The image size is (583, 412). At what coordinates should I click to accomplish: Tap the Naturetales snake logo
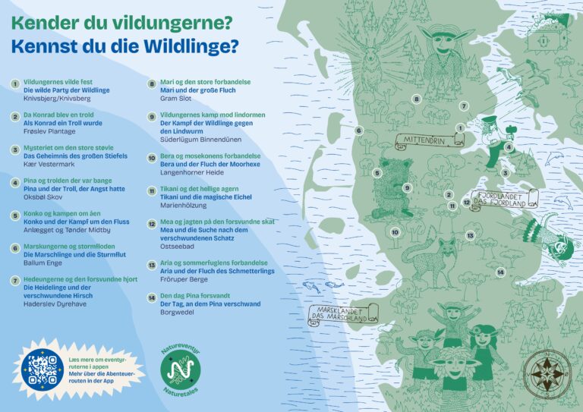pyautogui.click(x=181, y=370)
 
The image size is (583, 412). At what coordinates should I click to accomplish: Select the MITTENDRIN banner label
pyautogui.click(x=423, y=140)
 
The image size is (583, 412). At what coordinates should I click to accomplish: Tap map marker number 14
pyautogui.click(x=501, y=272)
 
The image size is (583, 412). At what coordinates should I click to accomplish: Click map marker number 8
pyautogui.click(x=416, y=99)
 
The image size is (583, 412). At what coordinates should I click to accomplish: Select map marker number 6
pyautogui.click(x=358, y=131)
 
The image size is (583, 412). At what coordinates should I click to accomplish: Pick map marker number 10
pyautogui.click(x=395, y=232)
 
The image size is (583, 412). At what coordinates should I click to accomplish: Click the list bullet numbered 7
pyautogui.click(x=14, y=280)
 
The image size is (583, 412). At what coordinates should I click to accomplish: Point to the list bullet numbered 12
pyautogui.click(x=152, y=223)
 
